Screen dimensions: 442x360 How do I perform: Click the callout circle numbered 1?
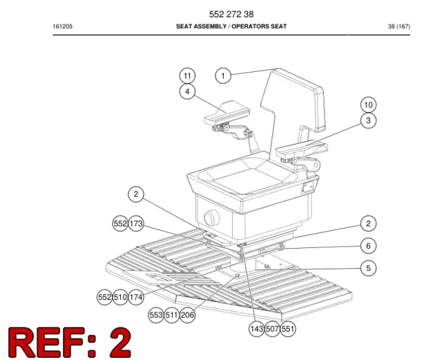(x=223, y=75)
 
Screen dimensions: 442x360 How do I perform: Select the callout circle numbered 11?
(x=187, y=75)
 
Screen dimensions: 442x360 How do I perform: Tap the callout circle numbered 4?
(x=187, y=91)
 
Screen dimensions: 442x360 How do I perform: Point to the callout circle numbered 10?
(x=368, y=104)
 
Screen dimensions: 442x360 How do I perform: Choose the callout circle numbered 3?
(x=368, y=120)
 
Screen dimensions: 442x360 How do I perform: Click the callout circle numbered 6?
(x=368, y=246)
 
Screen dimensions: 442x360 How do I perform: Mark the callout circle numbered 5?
(x=368, y=268)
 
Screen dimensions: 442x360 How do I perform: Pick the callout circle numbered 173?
(x=136, y=223)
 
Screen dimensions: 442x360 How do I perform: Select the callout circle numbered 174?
(x=136, y=297)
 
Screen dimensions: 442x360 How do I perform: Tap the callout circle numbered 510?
(x=120, y=297)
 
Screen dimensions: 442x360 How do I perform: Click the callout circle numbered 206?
(x=187, y=315)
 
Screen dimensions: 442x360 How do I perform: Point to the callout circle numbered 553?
(x=156, y=315)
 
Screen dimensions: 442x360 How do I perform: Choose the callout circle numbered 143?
(x=256, y=329)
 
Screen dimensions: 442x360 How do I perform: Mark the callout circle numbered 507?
(x=272, y=329)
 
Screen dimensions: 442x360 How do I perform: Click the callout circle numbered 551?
(x=288, y=329)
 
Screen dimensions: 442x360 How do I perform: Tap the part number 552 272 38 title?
(x=231, y=14)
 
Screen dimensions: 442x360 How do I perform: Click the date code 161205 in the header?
(x=63, y=26)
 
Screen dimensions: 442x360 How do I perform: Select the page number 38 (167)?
(x=399, y=26)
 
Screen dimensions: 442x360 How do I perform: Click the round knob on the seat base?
(x=211, y=218)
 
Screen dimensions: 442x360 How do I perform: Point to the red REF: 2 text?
(x=70, y=342)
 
